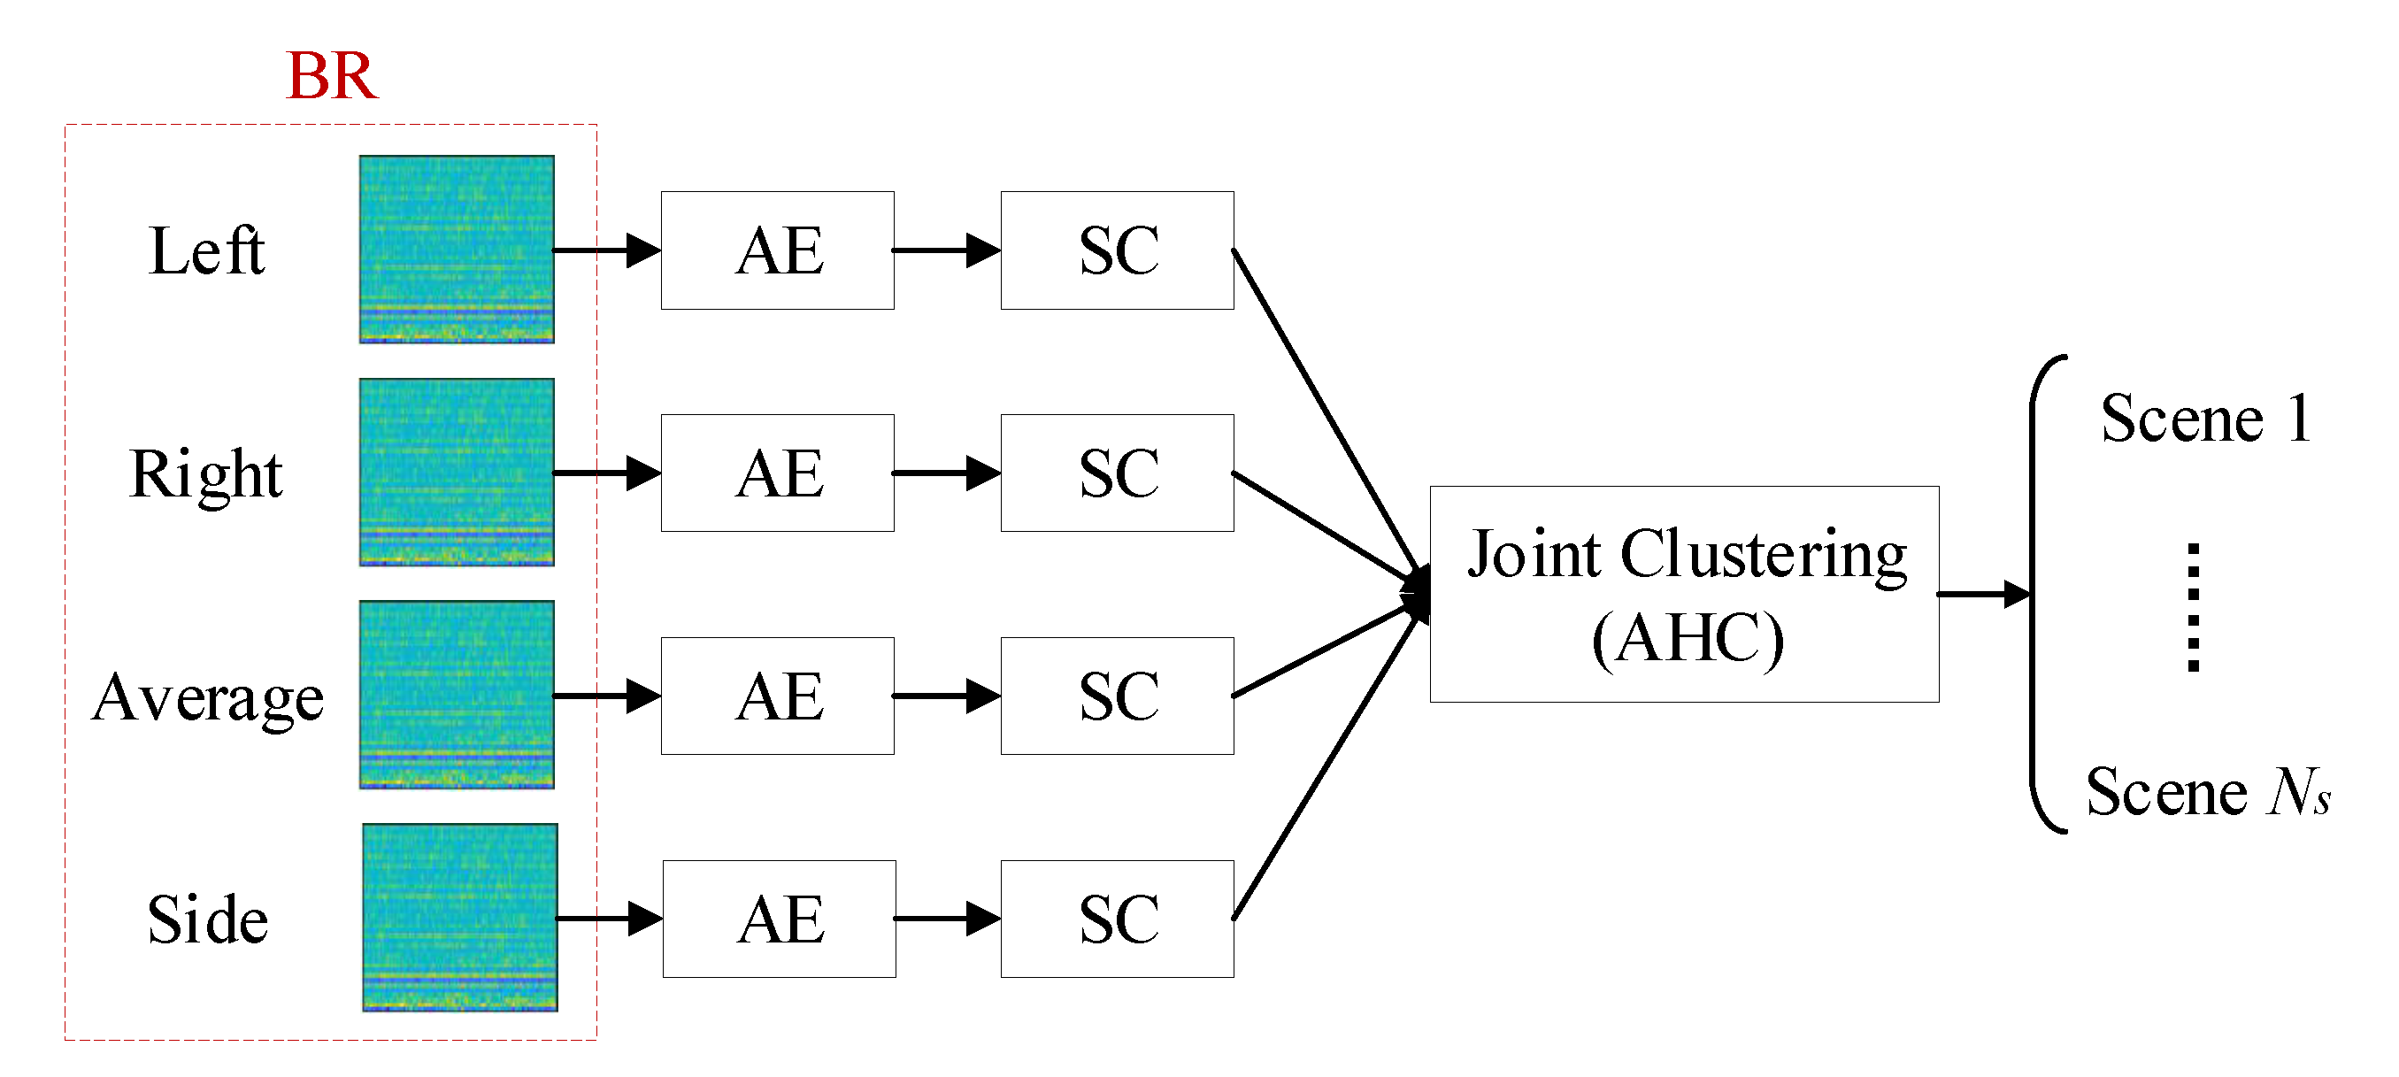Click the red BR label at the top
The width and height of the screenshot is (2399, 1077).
tap(332, 75)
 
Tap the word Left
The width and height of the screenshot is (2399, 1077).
tap(207, 250)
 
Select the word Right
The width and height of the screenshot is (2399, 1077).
tap(206, 474)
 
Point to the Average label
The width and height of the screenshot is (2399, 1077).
tap(208, 698)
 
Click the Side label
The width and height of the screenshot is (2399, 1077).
tap(208, 919)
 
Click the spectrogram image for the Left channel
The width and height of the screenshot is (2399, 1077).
tap(457, 249)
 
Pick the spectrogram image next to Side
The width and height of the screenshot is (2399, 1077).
tap(460, 917)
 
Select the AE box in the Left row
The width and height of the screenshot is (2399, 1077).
tap(778, 250)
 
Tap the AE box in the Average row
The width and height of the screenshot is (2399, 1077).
tap(778, 696)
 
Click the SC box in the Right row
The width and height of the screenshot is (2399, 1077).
tap(1117, 473)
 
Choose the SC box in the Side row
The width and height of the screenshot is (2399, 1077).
tap(1117, 919)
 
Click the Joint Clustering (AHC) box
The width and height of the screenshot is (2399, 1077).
tap(1684, 594)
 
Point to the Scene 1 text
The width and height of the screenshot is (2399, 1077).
tap(2205, 419)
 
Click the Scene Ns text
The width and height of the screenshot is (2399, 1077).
tap(2207, 792)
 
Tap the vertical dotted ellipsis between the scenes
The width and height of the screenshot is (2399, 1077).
tap(2193, 606)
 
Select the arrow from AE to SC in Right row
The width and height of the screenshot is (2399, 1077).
tap(946, 473)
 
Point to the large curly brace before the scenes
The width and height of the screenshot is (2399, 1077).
tap(2040, 594)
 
